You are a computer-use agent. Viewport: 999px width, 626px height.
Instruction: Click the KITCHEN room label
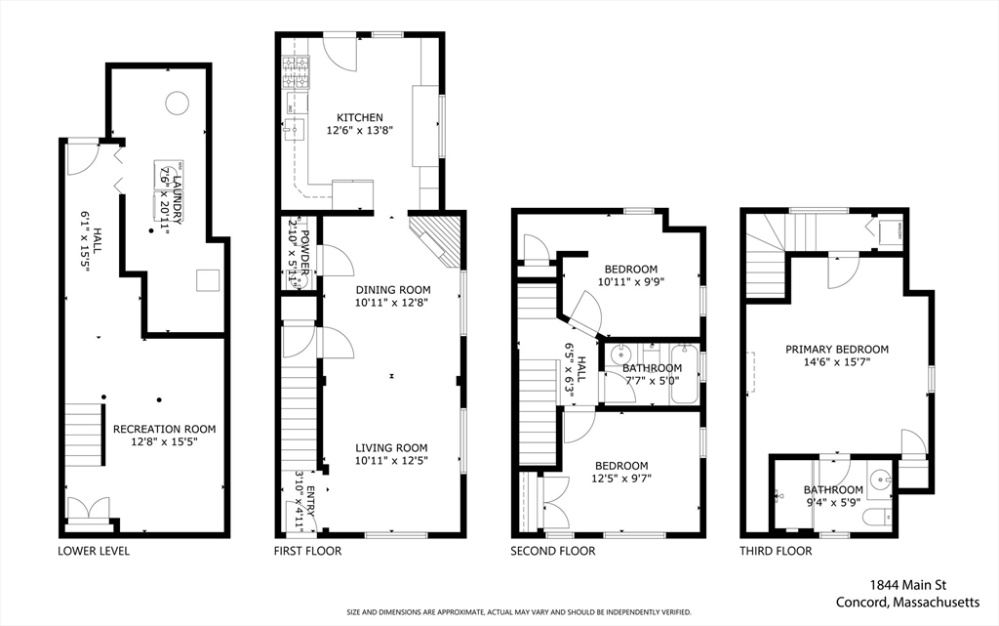pos(352,117)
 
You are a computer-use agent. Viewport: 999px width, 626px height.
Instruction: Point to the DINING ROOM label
pos(392,289)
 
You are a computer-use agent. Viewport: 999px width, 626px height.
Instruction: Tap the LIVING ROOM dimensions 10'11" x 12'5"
pos(391,460)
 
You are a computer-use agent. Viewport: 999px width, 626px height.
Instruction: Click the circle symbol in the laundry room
pos(177,102)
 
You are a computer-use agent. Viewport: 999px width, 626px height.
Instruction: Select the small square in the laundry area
pos(208,280)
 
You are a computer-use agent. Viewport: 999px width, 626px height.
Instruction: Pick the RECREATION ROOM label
pos(164,429)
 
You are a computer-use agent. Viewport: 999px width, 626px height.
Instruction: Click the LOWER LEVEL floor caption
pos(94,551)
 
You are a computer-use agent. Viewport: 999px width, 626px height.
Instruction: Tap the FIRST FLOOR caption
pos(307,551)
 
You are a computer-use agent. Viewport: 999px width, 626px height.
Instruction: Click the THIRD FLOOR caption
pos(775,551)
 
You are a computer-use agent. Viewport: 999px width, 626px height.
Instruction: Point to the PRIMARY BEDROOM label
pos(837,349)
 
